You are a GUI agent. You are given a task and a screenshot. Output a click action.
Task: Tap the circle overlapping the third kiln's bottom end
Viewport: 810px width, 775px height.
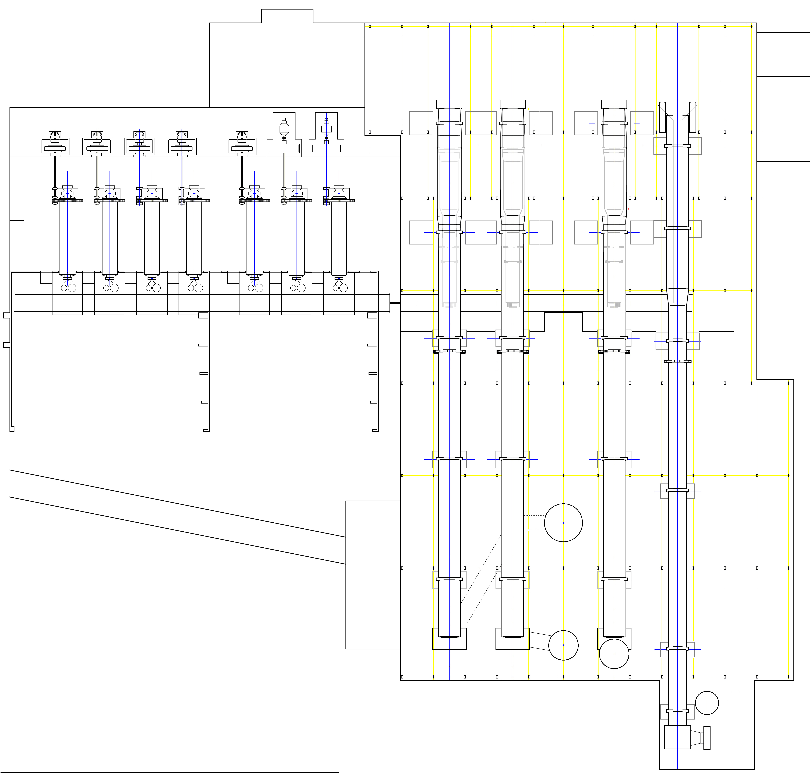point(614,653)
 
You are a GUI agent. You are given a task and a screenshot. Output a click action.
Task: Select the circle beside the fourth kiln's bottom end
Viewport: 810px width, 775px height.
point(707,703)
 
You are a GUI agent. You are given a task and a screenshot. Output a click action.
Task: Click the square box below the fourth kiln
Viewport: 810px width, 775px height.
point(677,737)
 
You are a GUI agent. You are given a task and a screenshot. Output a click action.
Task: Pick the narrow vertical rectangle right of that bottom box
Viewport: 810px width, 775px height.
point(707,737)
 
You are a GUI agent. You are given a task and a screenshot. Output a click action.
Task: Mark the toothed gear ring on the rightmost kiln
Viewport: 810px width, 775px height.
point(677,361)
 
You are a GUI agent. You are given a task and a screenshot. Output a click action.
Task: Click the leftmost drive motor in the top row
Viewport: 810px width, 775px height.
point(55,145)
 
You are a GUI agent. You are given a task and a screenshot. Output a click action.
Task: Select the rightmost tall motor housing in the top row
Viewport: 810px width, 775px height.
point(326,134)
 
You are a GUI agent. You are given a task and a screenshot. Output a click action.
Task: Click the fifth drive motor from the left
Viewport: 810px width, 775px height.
point(242,145)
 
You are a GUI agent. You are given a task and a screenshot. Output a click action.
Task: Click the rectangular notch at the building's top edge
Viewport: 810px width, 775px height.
point(287,16)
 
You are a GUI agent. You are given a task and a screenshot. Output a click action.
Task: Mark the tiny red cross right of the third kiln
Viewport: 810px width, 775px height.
point(628,209)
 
